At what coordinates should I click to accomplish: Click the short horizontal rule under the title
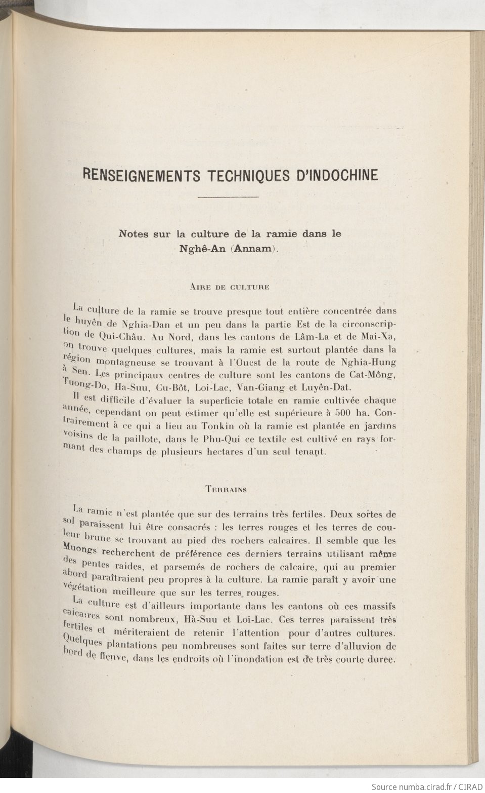tap(228, 196)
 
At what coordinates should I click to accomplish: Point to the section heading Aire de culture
tap(229, 287)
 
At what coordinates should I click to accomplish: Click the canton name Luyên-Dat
tap(320, 388)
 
